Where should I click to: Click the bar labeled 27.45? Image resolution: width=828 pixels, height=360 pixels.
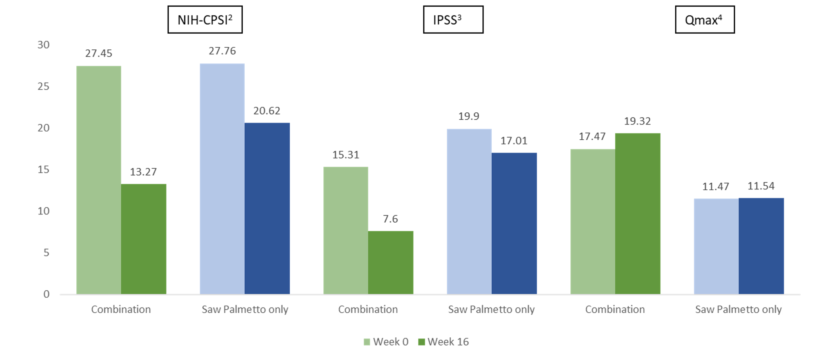click(x=99, y=180)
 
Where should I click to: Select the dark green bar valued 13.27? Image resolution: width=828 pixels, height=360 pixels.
click(x=144, y=239)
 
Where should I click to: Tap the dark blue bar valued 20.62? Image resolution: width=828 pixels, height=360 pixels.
click(x=267, y=208)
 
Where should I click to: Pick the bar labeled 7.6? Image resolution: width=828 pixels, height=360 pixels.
click(x=391, y=262)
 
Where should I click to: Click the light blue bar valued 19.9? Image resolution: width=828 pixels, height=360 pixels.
click(x=469, y=211)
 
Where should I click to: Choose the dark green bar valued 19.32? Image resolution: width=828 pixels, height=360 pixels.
click(x=638, y=213)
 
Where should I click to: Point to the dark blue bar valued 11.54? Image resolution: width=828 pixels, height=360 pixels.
click(x=761, y=246)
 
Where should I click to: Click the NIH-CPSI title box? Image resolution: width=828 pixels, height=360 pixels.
click(x=205, y=20)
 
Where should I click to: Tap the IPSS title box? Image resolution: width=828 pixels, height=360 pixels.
click(x=453, y=20)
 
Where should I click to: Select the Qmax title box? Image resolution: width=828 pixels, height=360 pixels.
click(x=704, y=20)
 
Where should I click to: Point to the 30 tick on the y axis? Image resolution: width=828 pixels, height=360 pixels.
click(x=43, y=45)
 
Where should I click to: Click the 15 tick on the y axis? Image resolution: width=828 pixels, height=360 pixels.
click(x=43, y=169)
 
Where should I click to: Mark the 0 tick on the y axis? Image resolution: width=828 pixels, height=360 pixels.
click(x=47, y=294)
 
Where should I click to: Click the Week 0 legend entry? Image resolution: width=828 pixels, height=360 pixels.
click(x=386, y=342)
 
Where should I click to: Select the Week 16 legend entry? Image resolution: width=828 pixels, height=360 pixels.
click(x=444, y=342)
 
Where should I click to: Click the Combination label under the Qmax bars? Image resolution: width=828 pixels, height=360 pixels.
click(x=615, y=309)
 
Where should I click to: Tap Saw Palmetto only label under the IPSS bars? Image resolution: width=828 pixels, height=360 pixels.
click(x=491, y=309)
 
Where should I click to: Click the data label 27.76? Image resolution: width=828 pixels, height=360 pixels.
click(x=222, y=51)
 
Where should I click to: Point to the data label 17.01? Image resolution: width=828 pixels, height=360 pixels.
click(x=514, y=140)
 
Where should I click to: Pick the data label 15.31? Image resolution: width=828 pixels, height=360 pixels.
click(x=346, y=155)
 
